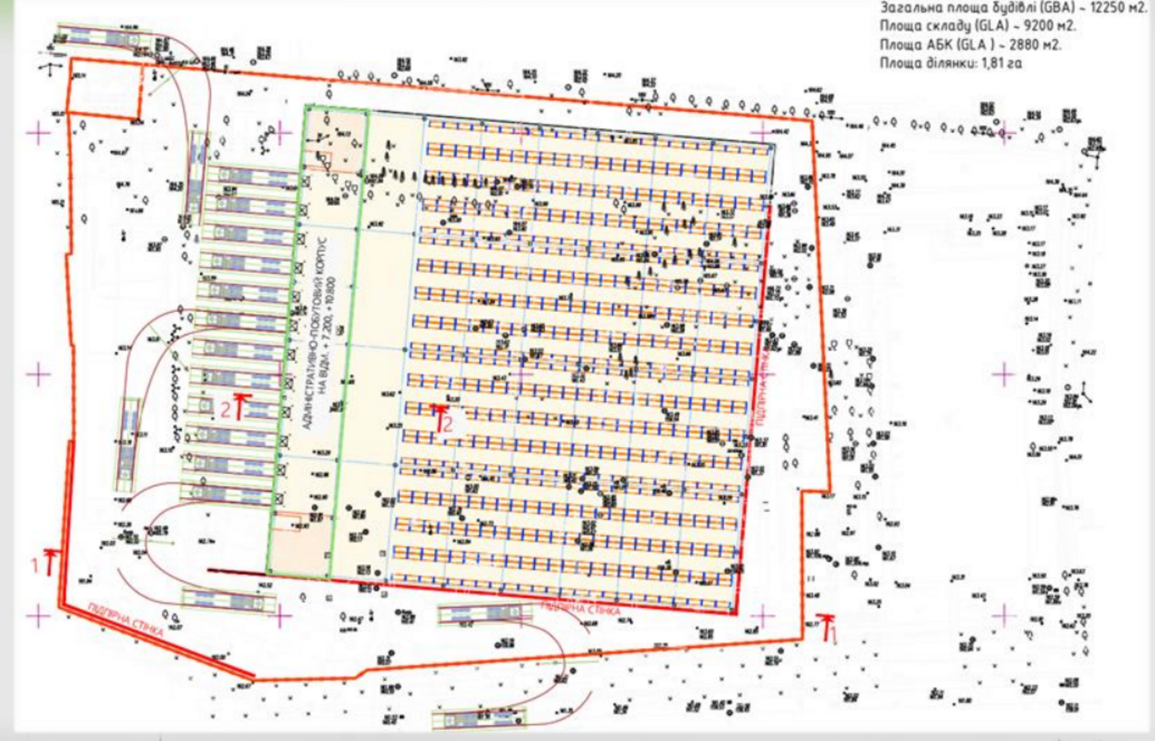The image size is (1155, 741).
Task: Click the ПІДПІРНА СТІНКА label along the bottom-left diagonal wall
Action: point(127,627)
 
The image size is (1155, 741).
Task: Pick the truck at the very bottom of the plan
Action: point(479,719)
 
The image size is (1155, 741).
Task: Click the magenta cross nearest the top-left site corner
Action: point(38,133)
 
